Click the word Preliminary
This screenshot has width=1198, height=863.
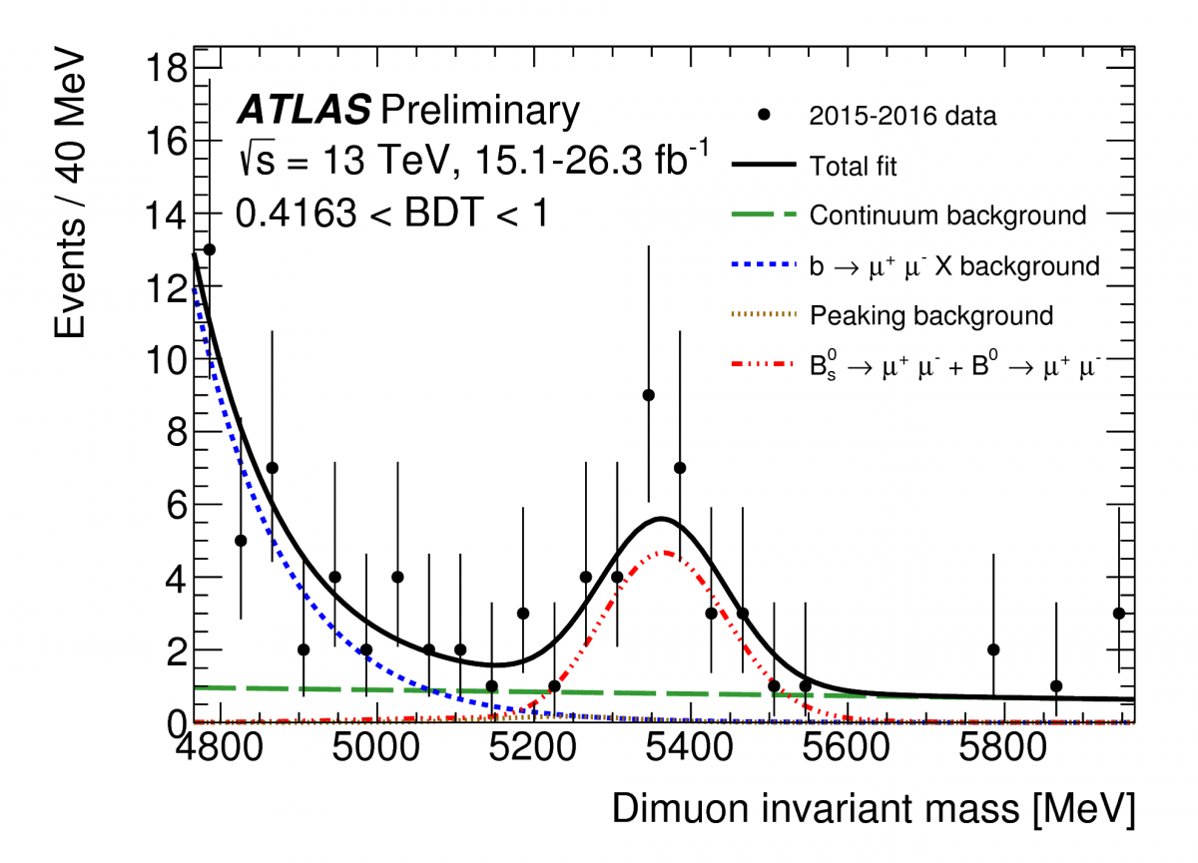479,110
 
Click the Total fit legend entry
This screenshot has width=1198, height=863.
854,166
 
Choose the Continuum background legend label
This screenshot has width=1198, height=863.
947,216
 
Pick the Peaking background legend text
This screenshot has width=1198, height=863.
931,316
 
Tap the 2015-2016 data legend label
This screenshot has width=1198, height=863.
903,116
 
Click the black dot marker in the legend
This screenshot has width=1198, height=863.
765,116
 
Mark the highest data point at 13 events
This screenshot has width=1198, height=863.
209,249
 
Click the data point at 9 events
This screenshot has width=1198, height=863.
648,395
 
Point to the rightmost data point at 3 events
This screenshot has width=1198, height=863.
1119,614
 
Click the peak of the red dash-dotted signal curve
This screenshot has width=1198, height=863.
662,552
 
